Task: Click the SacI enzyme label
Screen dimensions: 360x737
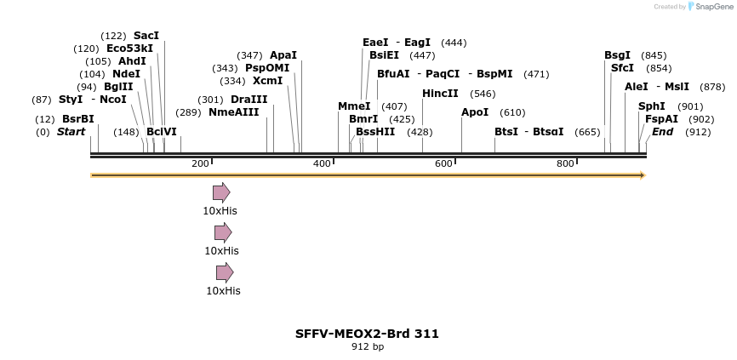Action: [146, 36]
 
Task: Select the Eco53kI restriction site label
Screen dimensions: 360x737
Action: [129, 49]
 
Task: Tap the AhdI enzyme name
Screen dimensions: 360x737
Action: [132, 61]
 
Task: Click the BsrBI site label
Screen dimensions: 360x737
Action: [77, 119]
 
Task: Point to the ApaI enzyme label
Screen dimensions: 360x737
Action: [283, 55]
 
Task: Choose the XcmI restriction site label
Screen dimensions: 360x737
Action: [267, 81]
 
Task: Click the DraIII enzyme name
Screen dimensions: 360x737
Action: [249, 100]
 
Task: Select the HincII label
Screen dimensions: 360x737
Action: [440, 94]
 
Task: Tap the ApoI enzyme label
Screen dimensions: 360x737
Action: [475, 112]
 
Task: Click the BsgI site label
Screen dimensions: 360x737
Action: [617, 55]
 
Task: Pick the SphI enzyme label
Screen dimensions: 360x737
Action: [651, 106]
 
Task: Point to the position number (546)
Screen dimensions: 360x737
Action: [483, 94]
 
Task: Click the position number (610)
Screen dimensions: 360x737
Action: [512, 112]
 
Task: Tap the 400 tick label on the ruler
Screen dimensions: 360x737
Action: [322, 163]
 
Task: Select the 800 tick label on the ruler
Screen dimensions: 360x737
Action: [565, 163]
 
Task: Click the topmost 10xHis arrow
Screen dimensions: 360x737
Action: [221, 192]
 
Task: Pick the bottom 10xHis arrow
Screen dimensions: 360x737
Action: [225, 272]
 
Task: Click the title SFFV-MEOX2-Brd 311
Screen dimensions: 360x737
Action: [367, 334]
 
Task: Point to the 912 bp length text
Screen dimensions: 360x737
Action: [367, 346]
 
